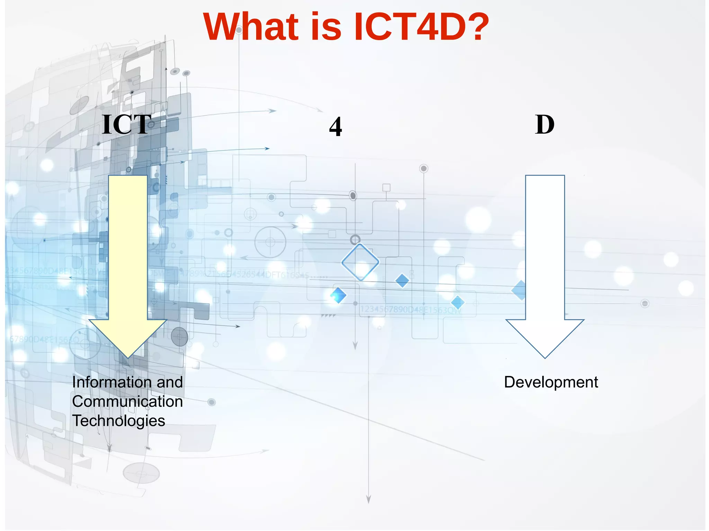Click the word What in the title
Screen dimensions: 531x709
point(251,27)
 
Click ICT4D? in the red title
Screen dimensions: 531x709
point(421,27)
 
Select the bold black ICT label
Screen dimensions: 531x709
point(127,125)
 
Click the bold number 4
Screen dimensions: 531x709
point(335,127)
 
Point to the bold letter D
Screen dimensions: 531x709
point(545,125)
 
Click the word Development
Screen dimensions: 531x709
point(551,382)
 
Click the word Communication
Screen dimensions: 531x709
point(127,402)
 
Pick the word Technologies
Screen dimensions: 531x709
point(118,421)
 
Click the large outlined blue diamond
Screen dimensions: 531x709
point(360,262)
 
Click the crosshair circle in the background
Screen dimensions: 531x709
point(270,242)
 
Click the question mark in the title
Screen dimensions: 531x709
point(478,27)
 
